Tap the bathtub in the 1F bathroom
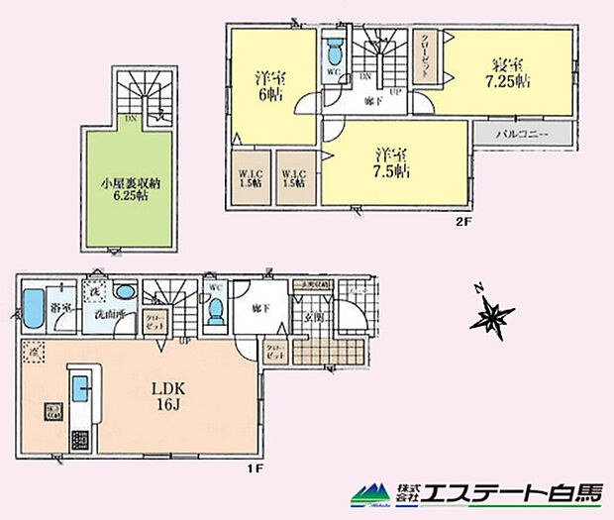(x=33, y=308)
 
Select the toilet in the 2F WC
(x=332, y=51)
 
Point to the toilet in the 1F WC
(x=215, y=310)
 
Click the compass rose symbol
(x=491, y=315)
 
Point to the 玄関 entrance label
(x=314, y=317)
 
